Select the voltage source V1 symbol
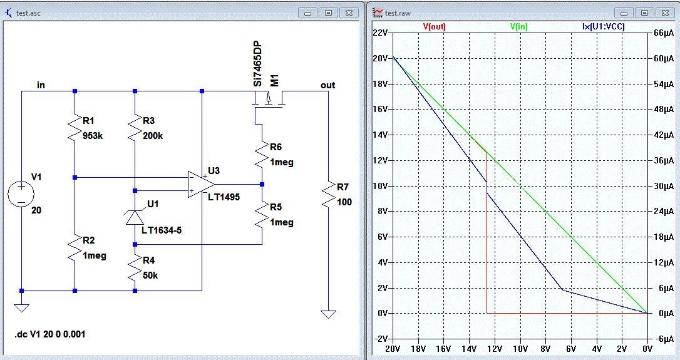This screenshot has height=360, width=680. (21, 193)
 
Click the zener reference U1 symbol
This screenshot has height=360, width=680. (135, 217)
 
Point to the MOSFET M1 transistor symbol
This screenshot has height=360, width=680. (267, 100)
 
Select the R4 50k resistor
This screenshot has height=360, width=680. (135, 270)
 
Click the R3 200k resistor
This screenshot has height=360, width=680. (135, 128)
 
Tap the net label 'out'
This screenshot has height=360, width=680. (327, 85)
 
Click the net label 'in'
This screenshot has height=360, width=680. (41, 85)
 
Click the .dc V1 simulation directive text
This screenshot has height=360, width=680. (49, 334)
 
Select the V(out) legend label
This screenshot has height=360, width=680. (435, 27)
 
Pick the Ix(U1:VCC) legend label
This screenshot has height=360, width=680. (599, 27)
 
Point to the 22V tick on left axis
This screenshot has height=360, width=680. (381, 33)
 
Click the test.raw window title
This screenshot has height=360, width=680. (398, 12)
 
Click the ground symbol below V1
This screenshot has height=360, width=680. (21, 307)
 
